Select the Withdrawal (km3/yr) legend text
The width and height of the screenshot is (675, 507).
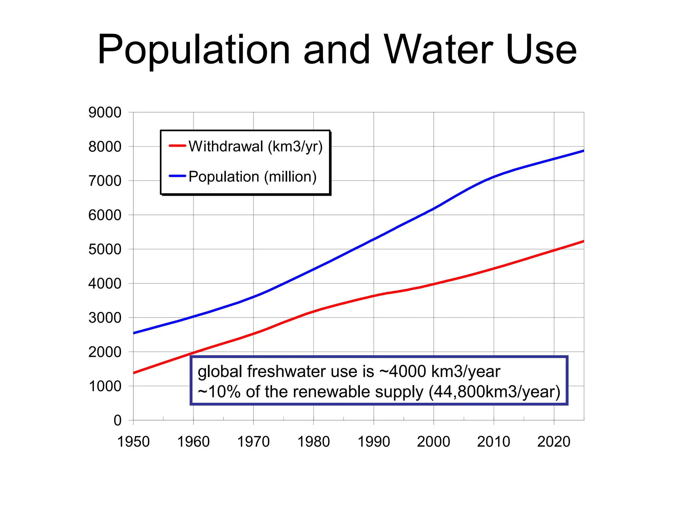[255, 146]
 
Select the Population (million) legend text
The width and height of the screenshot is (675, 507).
[252, 177]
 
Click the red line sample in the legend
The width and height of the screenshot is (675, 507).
[177, 146]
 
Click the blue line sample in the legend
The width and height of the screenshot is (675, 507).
[177, 176]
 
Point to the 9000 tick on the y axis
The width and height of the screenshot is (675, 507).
[105, 113]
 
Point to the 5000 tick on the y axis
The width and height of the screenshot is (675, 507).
[105, 249]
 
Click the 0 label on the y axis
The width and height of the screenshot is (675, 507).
[117, 421]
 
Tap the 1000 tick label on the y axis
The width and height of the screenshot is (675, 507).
[105, 386]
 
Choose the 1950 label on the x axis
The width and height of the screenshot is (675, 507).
[133, 442]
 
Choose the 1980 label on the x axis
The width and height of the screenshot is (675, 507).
[313, 442]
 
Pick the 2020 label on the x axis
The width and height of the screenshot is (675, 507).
[554, 442]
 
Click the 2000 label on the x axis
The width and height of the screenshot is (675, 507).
[433, 442]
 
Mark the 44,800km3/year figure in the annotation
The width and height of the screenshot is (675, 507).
[494, 392]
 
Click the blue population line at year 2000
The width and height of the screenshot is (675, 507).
[434, 209]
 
